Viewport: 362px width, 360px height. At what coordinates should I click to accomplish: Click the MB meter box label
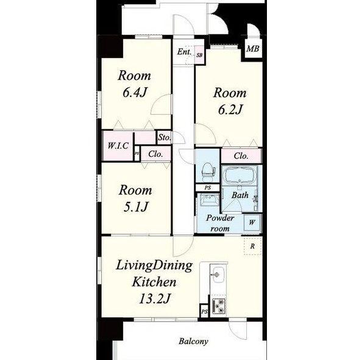(253, 49)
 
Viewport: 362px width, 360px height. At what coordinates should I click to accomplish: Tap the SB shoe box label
(199, 56)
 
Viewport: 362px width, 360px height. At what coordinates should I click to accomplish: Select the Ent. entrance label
(184, 52)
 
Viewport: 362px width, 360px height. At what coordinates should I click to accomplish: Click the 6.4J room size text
(135, 92)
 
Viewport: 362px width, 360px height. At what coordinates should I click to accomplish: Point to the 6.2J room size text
(230, 110)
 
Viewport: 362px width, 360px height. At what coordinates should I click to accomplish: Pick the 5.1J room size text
(135, 207)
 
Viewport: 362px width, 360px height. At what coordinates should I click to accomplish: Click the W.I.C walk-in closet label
(118, 146)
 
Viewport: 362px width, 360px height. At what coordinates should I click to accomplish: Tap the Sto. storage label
(164, 137)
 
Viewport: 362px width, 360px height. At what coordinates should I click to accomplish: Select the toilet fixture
(208, 171)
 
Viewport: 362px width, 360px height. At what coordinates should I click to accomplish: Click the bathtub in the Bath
(240, 175)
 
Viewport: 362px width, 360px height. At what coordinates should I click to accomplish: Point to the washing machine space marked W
(252, 223)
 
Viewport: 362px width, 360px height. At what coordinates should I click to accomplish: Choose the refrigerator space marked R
(253, 246)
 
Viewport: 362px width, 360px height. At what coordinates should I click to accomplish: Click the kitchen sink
(218, 275)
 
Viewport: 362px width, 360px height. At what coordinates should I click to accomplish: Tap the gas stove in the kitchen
(218, 306)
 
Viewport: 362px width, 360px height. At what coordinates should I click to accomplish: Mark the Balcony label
(193, 341)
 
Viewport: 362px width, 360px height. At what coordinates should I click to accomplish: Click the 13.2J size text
(154, 298)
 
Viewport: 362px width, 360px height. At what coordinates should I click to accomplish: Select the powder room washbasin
(210, 200)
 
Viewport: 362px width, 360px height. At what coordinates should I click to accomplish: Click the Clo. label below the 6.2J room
(241, 156)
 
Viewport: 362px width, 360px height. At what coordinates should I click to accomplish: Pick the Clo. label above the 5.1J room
(156, 154)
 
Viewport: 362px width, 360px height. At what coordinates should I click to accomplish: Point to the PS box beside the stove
(204, 312)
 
